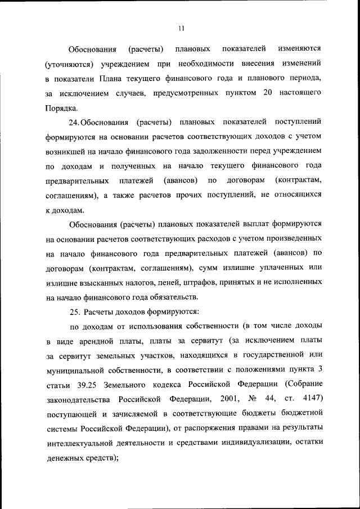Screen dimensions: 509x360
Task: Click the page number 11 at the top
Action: click(181, 28)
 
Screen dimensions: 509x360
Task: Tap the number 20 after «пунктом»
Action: click(268, 92)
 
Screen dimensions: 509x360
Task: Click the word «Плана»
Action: click(111, 78)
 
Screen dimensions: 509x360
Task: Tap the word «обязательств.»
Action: click(173, 296)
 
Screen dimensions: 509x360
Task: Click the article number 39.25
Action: click(85, 385)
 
